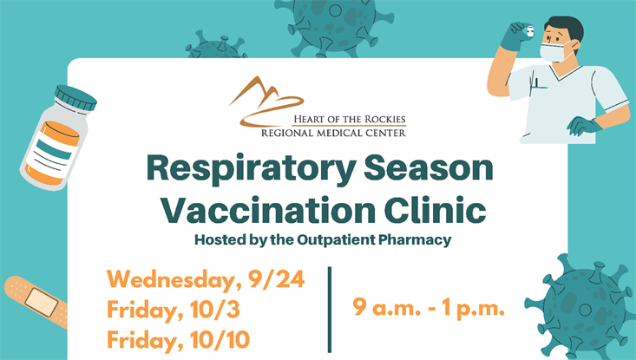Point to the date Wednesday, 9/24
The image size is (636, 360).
point(206,281)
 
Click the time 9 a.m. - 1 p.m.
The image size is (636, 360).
point(429,306)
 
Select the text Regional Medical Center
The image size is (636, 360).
point(334,133)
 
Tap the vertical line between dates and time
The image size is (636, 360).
point(330,309)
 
